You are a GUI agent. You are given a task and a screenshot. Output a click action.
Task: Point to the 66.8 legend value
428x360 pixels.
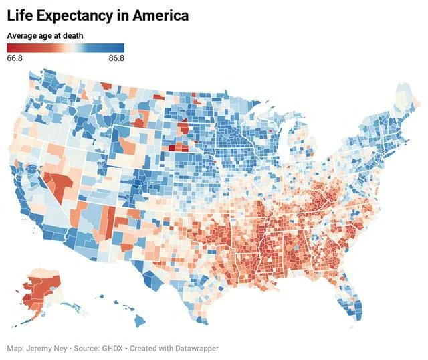pos(15,58)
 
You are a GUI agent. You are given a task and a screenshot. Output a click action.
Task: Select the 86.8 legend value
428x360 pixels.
pos(116,58)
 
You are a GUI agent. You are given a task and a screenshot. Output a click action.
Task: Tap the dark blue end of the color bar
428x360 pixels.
pos(120,48)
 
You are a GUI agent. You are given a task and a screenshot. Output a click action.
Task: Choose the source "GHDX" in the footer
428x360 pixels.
pos(112,349)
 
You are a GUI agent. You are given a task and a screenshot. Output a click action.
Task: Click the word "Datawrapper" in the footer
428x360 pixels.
pos(194,349)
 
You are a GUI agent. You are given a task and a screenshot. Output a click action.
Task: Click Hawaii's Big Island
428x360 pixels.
pos(139,321)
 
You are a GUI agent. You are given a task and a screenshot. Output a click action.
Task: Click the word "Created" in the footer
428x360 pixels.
pos(144,349)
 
